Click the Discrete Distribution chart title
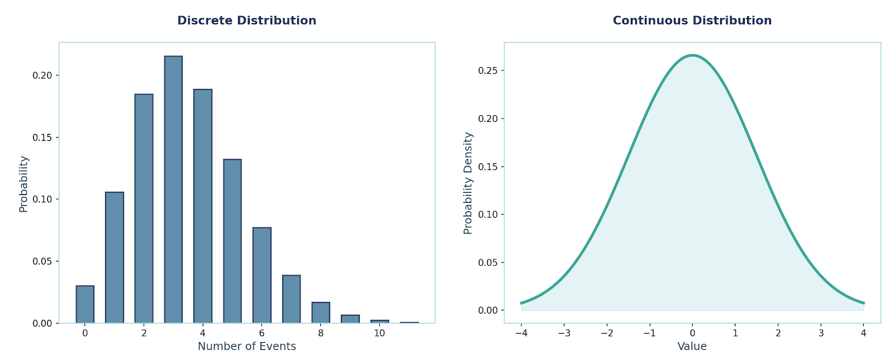click(x=246, y=21)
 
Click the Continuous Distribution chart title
click(x=692, y=21)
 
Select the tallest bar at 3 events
click(x=173, y=190)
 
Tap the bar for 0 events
click(x=85, y=305)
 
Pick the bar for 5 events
click(x=232, y=241)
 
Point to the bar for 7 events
click(x=291, y=299)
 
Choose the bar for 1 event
click(x=115, y=258)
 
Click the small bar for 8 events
click(x=321, y=313)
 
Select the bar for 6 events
click(x=261, y=275)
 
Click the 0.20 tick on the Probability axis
click(x=44, y=75)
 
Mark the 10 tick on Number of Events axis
click(x=379, y=333)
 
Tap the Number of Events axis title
click(x=246, y=347)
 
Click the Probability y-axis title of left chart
click(x=23, y=184)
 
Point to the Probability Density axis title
click(x=468, y=183)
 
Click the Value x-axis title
click(x=692, y=347)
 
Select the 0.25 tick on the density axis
click(x=488, y=71)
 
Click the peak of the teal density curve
click(x=692, y=55)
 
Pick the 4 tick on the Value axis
click(x=863, y=333)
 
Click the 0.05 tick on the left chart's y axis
click(x=44, y=261)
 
